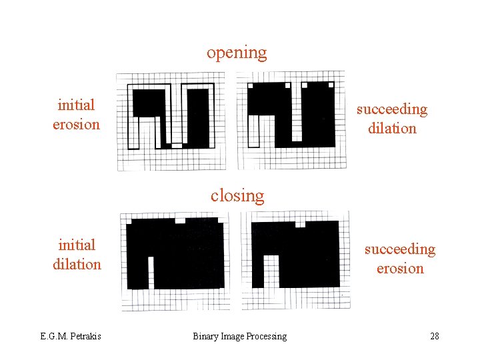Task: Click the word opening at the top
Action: (237, 53)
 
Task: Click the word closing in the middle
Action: (237, 195)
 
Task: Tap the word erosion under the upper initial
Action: (76, 124)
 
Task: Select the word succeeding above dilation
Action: (391, 109)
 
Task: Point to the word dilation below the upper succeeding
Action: (392, 128)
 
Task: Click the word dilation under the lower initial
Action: (77, 264)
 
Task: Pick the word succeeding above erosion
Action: (399, 249)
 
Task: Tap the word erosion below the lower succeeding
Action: (400, 268)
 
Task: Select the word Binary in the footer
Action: (207, 336)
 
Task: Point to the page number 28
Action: (435, 336)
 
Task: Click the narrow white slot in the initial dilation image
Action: (151, 272)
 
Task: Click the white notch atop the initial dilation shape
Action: (179, 220)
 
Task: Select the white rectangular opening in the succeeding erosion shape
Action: (271, 269)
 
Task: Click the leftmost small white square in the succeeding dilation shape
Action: (251, 85)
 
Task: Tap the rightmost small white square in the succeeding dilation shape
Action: (329, 85)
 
